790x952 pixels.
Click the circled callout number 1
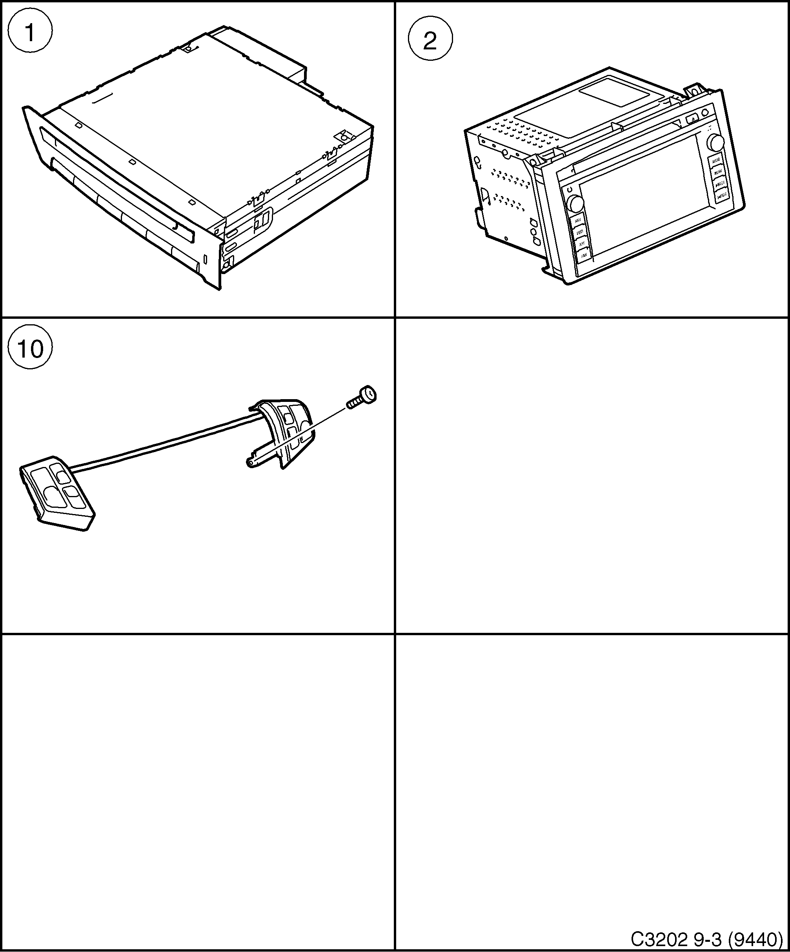[30, 32]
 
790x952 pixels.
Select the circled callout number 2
[430, 41]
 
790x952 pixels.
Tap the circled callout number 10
[30, 348]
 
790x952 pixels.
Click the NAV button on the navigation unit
[578, 221]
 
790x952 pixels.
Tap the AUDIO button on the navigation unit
[715, 161]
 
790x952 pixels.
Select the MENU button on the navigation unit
[718, 172]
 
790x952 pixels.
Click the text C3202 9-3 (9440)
[706, 938]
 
